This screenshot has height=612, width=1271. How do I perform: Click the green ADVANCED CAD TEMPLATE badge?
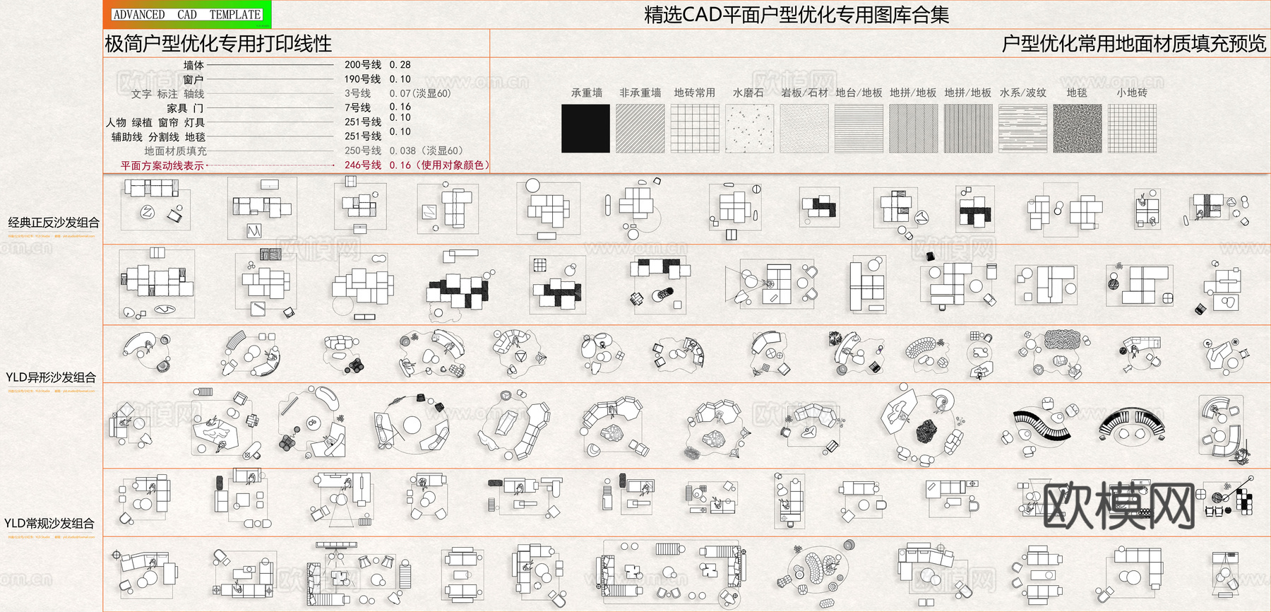pos(187,14)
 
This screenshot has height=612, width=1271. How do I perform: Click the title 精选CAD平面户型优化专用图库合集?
pos(796,15)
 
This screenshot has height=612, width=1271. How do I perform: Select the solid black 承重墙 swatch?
pos(585,128)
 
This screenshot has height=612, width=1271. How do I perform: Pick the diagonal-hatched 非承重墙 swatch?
pos(640,128)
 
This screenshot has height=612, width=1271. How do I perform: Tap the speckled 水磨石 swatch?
pos(749,128)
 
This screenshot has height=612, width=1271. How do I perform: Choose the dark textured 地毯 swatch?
pos(1077,128)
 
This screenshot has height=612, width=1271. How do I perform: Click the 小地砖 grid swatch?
pos(1132,128)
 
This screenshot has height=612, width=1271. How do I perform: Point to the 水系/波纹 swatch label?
pos(1022,93)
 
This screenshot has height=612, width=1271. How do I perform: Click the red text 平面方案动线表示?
pos(162,165)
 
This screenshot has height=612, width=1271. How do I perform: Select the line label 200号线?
pos(362,65)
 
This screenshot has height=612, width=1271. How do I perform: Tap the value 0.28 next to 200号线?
pos(400,65)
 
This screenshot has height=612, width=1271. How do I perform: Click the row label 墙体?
pos(193,65)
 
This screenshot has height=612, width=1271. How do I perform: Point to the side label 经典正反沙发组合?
pos(54,223)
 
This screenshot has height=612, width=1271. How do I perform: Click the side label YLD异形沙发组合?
pos(51,377)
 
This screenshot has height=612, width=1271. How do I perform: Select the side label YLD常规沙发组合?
pos(49,523)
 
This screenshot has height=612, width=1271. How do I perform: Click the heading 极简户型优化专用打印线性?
pos(218,44)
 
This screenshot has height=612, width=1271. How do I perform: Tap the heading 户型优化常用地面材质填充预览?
pos(1133,44)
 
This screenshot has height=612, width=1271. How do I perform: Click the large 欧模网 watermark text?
pos(1118,505)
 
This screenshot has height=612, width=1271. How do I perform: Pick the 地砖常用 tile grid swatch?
pos(695,128)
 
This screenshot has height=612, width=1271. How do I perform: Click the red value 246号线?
pos(362,165)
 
